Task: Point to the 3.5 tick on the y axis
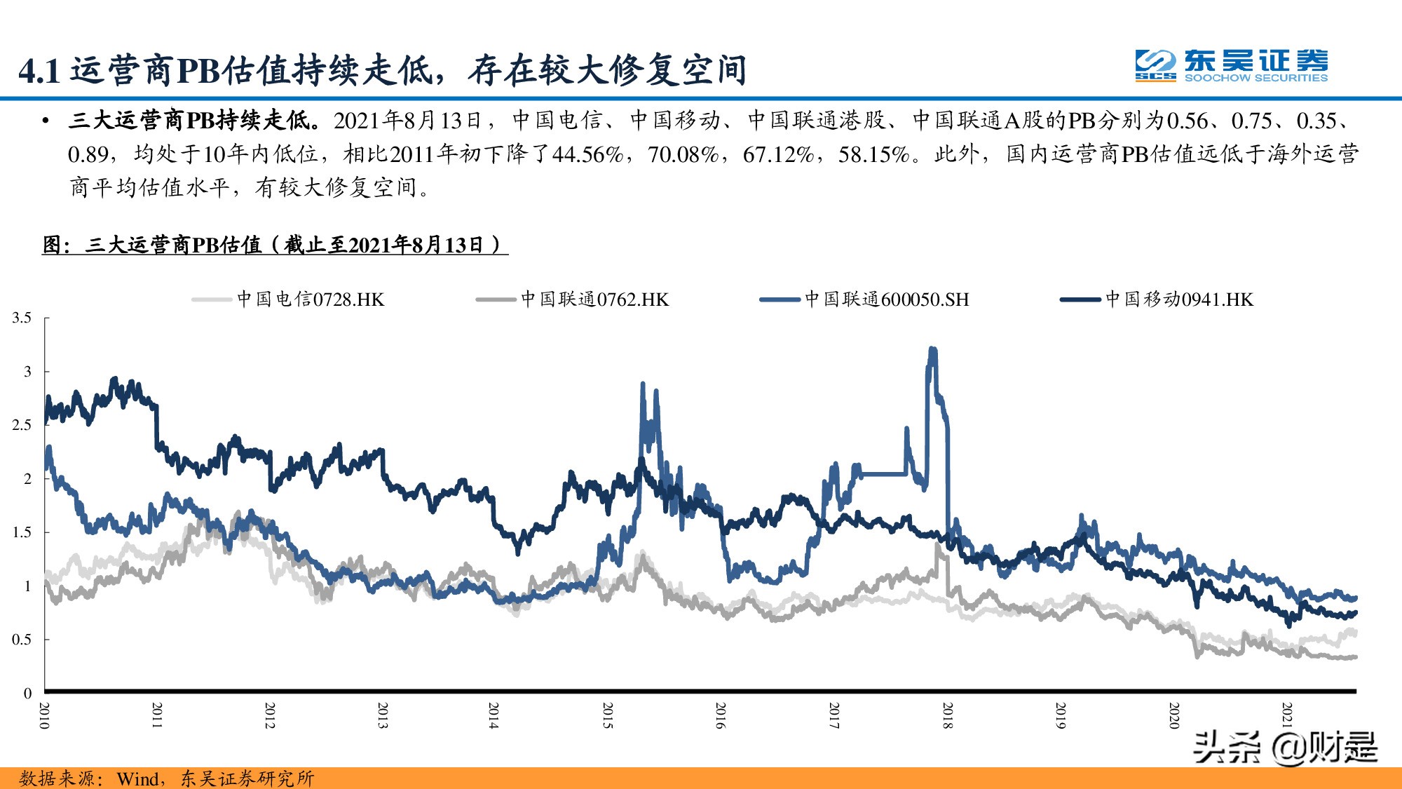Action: [x=22, y=318]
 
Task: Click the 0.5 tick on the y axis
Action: [x=22, y=640]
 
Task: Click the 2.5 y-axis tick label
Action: [x=22, y=425]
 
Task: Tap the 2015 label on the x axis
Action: [x=608, y=715]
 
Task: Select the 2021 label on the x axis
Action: [x=1287, y=715]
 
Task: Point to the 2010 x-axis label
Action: [x=44, y=715]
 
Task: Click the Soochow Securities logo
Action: [x=1231, y=66]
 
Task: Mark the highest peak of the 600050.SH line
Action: [x=932, y=349]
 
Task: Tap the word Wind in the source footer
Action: [x=138, y=778]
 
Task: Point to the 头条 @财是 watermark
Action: [x=1284, y=747]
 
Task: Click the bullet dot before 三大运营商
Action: [x=46, y=121]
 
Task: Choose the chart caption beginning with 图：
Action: [x=274, y=245]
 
